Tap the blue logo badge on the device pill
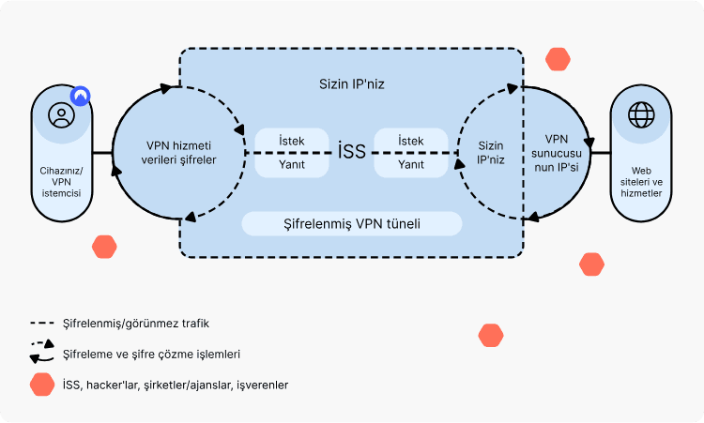(82, 95)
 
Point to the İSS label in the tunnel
(351, 152)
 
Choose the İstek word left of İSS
(291, 141)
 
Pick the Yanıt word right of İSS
(411, 164)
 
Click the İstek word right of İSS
(411, 141)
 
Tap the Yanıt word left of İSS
(291, 164)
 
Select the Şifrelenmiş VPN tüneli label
(352, 224)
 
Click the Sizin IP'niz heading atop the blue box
(351, 83)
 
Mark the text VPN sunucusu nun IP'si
(558, 152)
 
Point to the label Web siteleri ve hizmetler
(642, 186)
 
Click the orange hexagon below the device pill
(104, 248)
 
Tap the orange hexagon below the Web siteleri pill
(591, 264)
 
